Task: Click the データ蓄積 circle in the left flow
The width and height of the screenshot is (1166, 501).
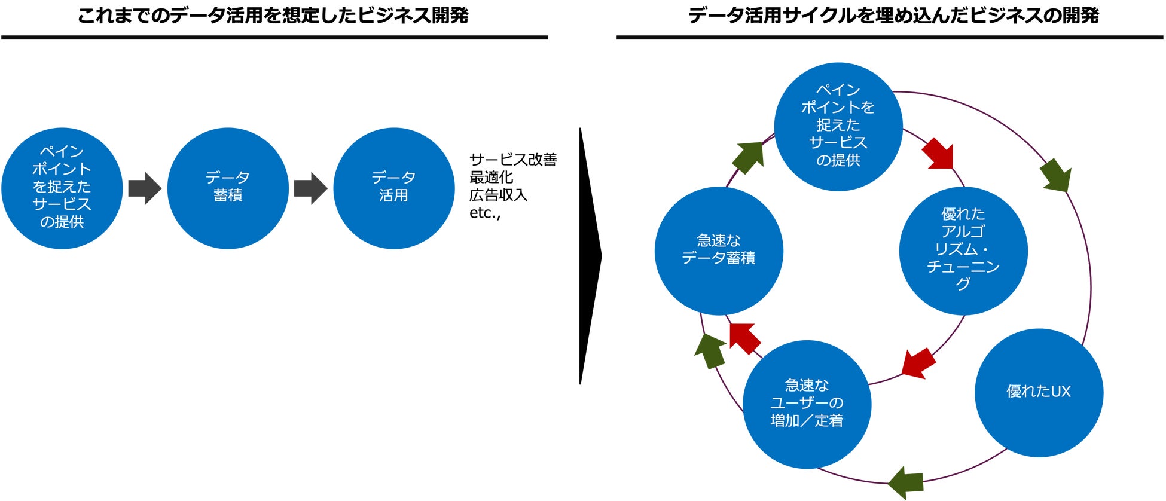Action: coord(228,188)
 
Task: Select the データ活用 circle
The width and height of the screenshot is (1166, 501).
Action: coord(393,188)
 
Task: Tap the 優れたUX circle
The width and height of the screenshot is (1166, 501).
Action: coord(1039,392)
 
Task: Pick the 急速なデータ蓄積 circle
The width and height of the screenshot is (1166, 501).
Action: coord(719,250)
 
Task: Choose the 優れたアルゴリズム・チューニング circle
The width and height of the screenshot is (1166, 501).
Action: coord(963,250)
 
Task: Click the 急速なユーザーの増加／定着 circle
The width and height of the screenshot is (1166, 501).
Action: coord(807,404)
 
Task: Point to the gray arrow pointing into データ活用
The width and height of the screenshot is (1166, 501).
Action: coord(310,188)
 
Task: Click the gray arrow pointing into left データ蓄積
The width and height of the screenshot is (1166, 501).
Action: coord(145,188)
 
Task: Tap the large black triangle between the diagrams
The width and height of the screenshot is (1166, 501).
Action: coord(588,256)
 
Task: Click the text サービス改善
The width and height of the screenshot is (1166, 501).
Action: coord(513,160)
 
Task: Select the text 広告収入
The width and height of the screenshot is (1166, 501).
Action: coord(498,195)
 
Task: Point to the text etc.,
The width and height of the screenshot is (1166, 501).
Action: coord(485,213)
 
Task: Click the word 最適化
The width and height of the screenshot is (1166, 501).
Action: coord(491,178)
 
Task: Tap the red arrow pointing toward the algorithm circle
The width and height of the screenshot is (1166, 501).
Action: coord(938,154)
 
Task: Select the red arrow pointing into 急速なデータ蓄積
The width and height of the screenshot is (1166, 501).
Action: coord(744,338)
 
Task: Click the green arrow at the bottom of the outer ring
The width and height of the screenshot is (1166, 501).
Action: coord(906,482)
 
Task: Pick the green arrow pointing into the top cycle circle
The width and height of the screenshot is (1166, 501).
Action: coord(749,157)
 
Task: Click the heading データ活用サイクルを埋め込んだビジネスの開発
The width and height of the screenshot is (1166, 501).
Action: coord(893,16)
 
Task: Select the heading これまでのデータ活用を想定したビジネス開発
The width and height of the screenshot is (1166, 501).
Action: coord(273,16)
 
